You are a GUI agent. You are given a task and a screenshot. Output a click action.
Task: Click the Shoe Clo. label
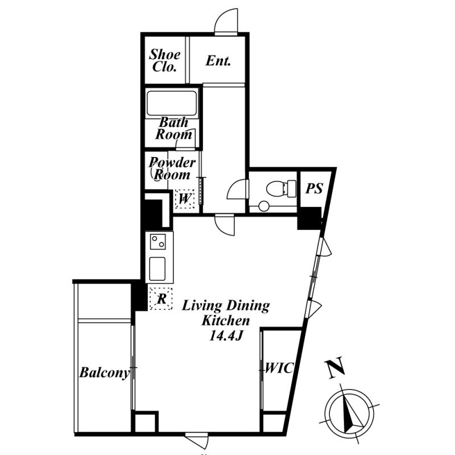point(165,60)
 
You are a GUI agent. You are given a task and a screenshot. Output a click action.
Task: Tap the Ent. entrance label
point(218,61)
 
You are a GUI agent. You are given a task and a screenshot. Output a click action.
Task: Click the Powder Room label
point(172,169)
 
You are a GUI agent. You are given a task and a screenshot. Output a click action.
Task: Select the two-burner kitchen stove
point(158,243)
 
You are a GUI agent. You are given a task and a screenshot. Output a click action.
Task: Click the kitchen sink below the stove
point(158,268)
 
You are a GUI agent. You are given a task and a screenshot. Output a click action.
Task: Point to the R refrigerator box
point(162,298)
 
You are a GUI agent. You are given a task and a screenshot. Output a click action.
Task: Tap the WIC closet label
point(280,369)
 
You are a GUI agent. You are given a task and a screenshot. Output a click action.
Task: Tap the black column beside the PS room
point(309,218)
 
